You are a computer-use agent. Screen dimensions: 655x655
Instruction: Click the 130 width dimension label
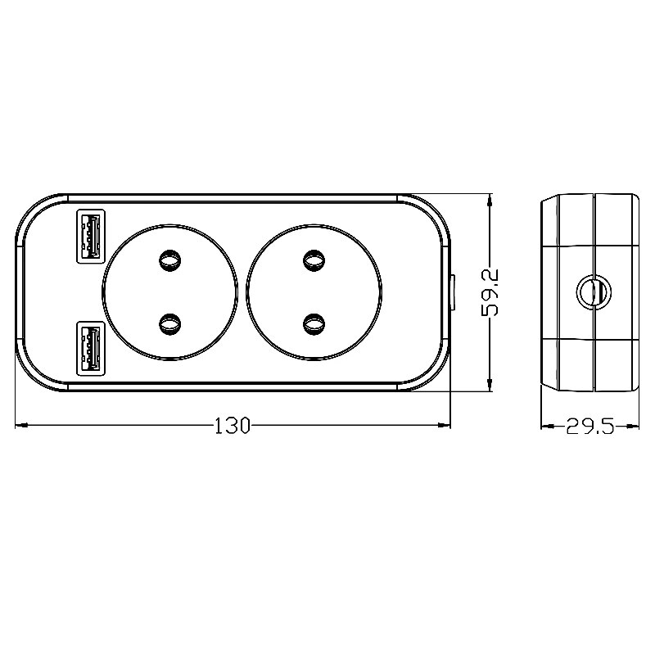[232, 426]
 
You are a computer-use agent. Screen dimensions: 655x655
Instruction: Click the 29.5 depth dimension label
[589, 427]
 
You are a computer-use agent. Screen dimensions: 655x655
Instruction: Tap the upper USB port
[89, 236]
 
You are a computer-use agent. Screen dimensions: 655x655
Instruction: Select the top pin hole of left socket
[170, 260]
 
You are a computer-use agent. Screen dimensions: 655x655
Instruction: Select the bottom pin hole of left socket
[170, 324]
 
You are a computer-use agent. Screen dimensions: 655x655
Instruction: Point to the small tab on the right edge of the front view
[452, 293]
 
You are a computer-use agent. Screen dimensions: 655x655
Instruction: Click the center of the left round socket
[170, 292]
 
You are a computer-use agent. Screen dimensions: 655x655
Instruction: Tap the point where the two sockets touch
[242, 292]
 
